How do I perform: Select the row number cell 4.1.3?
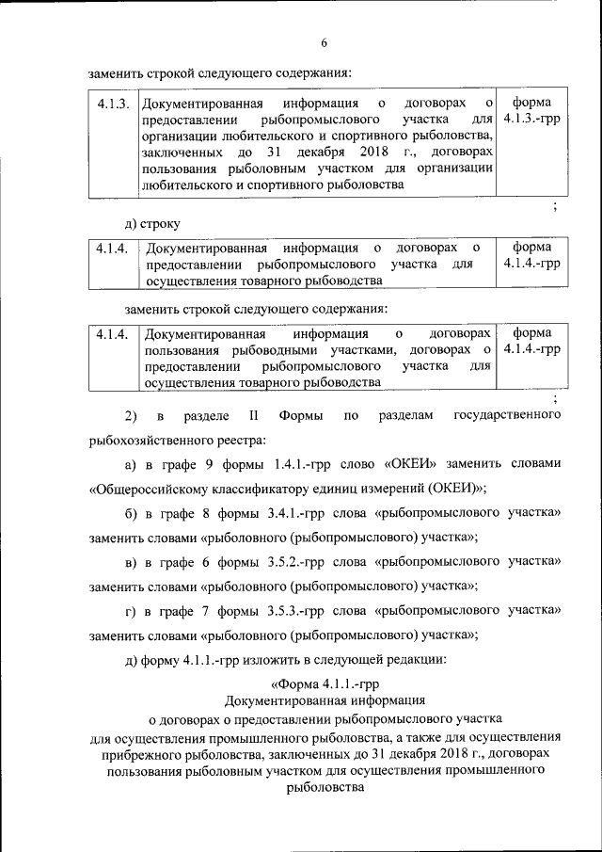(113, 103)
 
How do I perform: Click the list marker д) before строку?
(131, 224)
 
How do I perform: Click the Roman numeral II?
(253, 415)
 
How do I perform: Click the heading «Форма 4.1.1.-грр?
(325, 683)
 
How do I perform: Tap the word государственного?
(508, 415)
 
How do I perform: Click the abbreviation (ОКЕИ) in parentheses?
(455, 488)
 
